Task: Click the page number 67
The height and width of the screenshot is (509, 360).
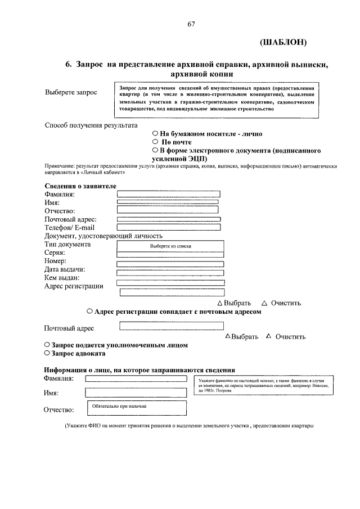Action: [x=191, y=23]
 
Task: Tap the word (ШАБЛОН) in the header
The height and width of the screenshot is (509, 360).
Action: [x=283, y=42]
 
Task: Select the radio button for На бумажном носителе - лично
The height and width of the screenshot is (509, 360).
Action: [x=155, y=134]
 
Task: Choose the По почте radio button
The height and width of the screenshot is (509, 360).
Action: [x=155, y=142]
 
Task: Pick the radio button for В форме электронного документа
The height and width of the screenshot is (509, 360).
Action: [x=155, y=151]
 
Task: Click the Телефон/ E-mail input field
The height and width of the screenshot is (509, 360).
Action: [x=169, y=228]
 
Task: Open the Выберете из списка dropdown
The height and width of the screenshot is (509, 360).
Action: [x=170, y=246]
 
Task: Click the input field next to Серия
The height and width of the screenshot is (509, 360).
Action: [x=170, y=255]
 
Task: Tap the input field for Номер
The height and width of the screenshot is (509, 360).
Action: [x=170, y=263]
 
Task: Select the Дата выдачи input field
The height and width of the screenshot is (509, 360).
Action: [x=170, y=273]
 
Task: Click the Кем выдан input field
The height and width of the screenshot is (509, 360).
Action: [x=170, y=282]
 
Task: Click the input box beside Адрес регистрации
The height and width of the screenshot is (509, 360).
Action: [x=172, y=292]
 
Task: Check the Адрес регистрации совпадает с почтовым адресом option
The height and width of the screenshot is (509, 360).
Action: [x=90, y=311]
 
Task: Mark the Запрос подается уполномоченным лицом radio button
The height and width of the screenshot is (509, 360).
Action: [x=47, y=345]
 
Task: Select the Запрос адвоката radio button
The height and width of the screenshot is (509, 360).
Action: [x=47, y=354]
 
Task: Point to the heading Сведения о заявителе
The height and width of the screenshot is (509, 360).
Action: [x=80, y=186]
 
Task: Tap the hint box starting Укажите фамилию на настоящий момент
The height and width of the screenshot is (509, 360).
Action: [x=262, y=386]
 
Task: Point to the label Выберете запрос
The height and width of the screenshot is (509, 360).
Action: [x=71, y=92]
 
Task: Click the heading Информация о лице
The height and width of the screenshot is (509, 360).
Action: [x=139, y=370]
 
